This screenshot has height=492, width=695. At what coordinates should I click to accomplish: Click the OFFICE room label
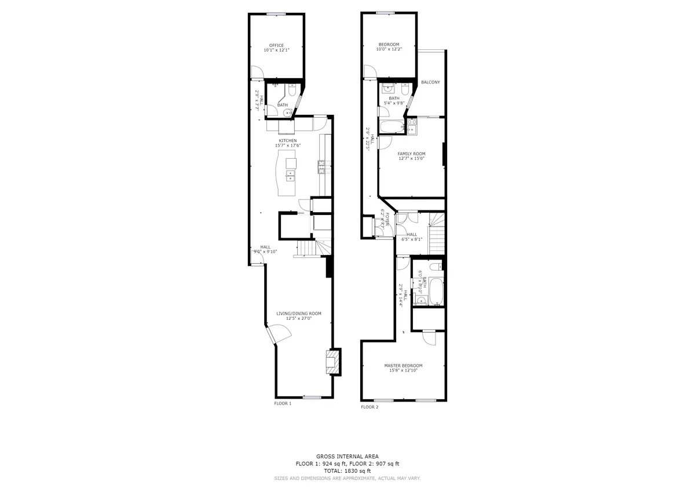(276, 45)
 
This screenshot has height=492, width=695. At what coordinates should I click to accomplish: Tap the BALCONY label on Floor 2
(430, 82)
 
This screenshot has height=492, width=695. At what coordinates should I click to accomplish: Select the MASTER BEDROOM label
(403, 366)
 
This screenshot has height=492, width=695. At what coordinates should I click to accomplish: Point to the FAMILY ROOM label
(411, 154)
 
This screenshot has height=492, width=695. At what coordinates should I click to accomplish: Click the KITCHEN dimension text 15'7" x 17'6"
(288, 145)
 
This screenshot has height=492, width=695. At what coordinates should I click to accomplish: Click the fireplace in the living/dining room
(334, 362)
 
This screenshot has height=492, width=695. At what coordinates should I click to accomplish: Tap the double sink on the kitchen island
(290, 176)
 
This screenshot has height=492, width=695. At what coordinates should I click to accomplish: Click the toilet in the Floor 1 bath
(292, 90)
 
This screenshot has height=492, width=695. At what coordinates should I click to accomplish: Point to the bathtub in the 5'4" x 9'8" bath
(392, 127)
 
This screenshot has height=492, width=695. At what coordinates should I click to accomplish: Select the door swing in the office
(257, 72)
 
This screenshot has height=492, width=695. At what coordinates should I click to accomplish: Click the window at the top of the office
(276, 14)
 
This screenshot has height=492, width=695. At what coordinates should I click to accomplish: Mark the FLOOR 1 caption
(283, 403)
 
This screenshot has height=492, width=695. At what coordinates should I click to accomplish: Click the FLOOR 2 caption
(370, 407)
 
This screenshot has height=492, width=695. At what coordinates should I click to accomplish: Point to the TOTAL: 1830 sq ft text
(348, 471)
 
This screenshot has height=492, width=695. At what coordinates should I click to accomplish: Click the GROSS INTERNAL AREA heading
(348, 457)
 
